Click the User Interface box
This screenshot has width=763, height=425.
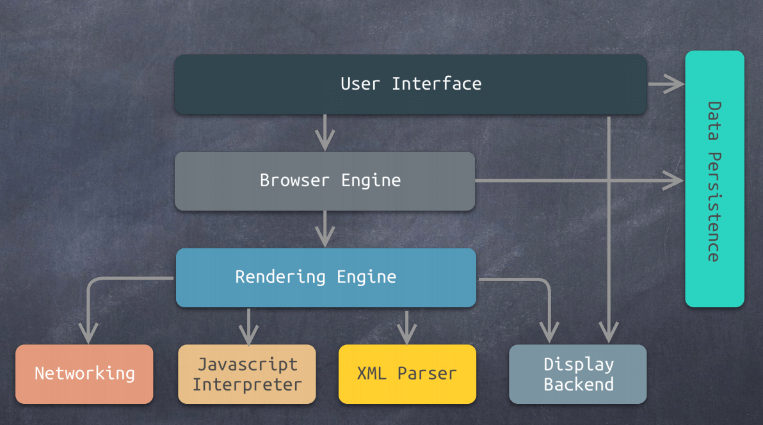coord(410,84)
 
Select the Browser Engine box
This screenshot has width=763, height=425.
coord(325,181)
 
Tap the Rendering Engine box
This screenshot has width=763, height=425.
coord(326,277)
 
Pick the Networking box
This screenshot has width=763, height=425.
coord(84,374)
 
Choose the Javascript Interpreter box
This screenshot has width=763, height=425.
coord(247,374)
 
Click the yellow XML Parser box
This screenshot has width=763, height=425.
coord(407,374)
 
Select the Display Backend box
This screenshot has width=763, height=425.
coord(578,374)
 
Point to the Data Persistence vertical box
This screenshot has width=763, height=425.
coord(714,179)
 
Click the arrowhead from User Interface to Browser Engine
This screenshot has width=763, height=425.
coord(325,141)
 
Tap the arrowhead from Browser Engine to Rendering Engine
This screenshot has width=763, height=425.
coord(325,238)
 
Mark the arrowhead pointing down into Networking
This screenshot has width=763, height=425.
coord(88,333)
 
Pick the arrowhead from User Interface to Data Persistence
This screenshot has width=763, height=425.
coord(675,83)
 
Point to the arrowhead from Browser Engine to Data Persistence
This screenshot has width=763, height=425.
coord(673,180)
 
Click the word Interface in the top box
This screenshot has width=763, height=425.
coord(437,84)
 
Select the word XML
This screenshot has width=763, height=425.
coord(372,374)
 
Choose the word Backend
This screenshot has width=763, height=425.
coord(579,385)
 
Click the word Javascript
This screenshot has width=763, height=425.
coord(247,364)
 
